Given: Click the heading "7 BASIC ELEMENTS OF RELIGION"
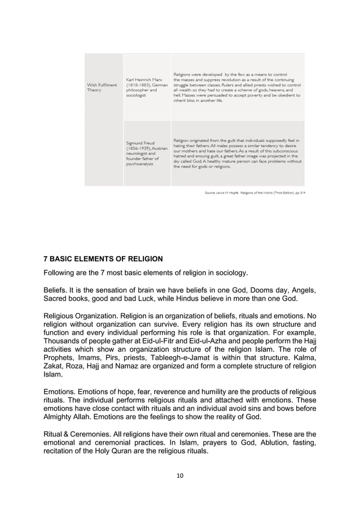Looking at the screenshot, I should (103, 260).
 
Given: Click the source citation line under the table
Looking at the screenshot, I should (254, 192).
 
